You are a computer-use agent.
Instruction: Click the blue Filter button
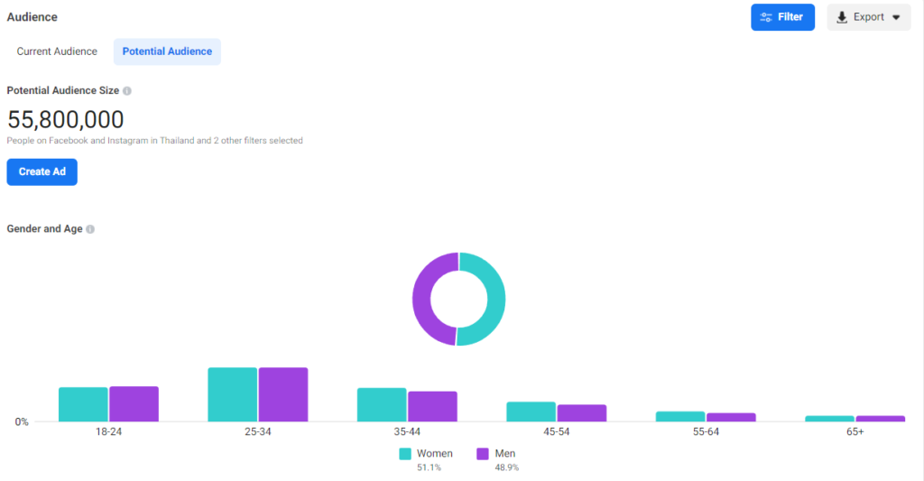[x=782, y=17]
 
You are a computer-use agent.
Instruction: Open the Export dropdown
[x=868, y=17]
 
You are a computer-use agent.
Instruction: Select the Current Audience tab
[x=57, y=51]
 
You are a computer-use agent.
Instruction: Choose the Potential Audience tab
[x=167, y=51]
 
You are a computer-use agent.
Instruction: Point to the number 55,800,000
[x=65, y=119]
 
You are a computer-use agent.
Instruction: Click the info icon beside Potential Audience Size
[x=127, y=91]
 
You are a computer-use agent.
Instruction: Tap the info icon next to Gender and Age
[x=90, y=229]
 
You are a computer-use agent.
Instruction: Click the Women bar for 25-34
[x=233, y=394]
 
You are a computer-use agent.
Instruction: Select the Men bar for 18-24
[x=134, y=403]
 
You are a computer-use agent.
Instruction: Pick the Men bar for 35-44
[x=432, y=406]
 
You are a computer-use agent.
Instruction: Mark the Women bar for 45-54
[x=531, y=412]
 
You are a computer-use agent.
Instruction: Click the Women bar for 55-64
[x=680, y=416]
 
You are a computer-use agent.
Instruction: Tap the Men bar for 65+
[x=880, y=418]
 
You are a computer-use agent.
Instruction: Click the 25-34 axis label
[x=257, y=432]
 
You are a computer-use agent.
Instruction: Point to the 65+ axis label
[x=855, y=432]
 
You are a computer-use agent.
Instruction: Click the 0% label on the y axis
[x=21, y=421]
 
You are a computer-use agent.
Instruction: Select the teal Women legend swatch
[x=405, y=454]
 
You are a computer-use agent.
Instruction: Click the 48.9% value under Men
[x=505, y=467]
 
